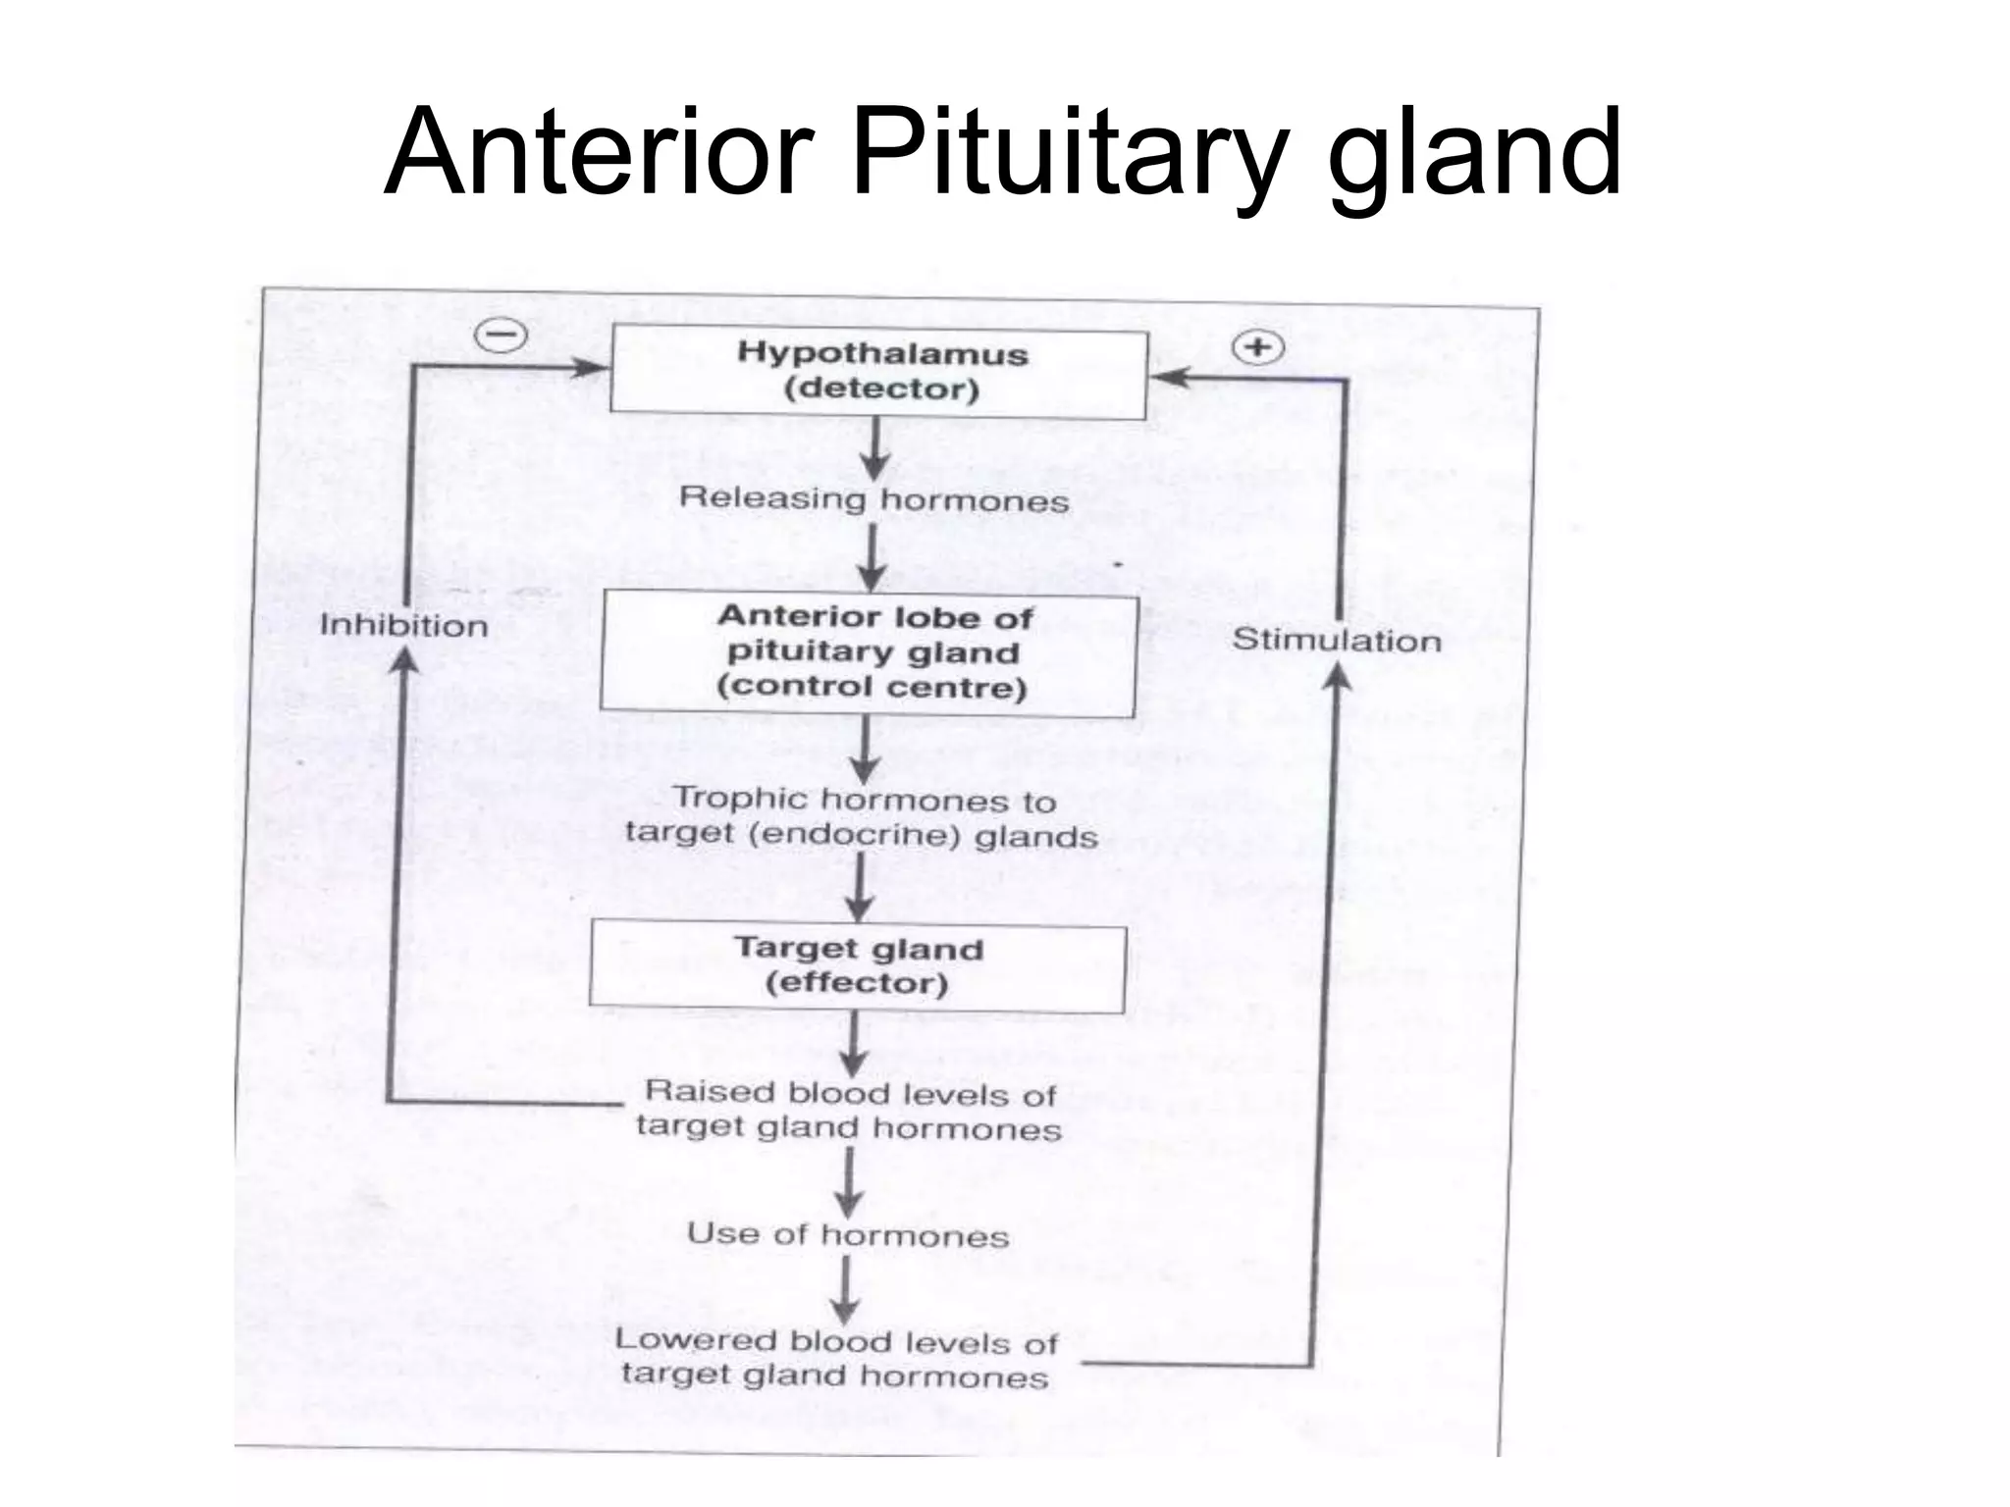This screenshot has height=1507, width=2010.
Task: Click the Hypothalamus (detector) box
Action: tap(879, 372)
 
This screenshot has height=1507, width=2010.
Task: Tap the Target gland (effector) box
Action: tap(857, 967)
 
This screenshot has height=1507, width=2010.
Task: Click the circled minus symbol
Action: tap(501, 336)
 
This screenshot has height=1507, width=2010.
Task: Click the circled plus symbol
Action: tap(1257, 347)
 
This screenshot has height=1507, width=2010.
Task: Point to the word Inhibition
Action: tap(403, 626)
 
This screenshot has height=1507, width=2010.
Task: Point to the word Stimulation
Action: tap(1336, 641)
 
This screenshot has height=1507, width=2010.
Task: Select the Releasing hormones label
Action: tap(873, 499)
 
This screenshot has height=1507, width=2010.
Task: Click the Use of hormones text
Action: tap(848, 1234)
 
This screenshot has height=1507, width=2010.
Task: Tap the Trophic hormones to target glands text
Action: tap(861, 817)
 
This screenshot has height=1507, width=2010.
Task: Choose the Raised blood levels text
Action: tap(849, 1111)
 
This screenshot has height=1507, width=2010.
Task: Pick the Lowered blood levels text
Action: tap(836, 1358)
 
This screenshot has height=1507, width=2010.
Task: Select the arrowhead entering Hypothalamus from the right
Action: tap(1168, 378)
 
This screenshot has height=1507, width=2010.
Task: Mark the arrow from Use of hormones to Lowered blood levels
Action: tap(846, 1291)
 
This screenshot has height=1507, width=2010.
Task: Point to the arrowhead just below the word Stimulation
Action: tap(1339, 676)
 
